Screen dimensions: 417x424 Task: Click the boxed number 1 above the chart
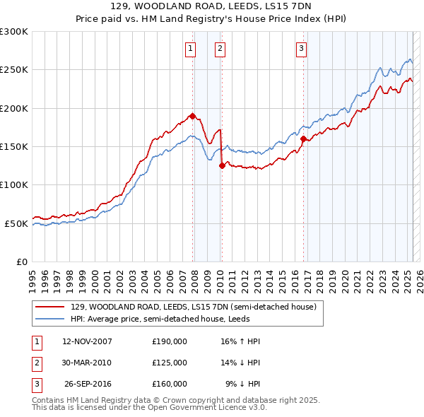tap(191, 49)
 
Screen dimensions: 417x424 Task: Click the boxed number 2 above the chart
tap(220, 49)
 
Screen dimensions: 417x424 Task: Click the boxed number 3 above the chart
tap(301, 49)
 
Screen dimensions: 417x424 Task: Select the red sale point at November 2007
tap(192, 116)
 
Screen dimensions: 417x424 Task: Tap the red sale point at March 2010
tap(222, 165)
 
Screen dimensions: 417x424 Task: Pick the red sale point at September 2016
tap(303, 139)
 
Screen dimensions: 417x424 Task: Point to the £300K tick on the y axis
tap(14, 32)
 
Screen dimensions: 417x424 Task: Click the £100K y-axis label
tap(14, 185)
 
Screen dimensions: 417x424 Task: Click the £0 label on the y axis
tap(20, 262)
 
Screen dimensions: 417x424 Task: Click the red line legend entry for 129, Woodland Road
tap(197, 307)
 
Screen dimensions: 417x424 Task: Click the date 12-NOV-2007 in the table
tap(88, 341)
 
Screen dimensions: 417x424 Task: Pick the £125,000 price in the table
tap(170, 363)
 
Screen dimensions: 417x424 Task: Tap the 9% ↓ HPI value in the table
tap(242, 384)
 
